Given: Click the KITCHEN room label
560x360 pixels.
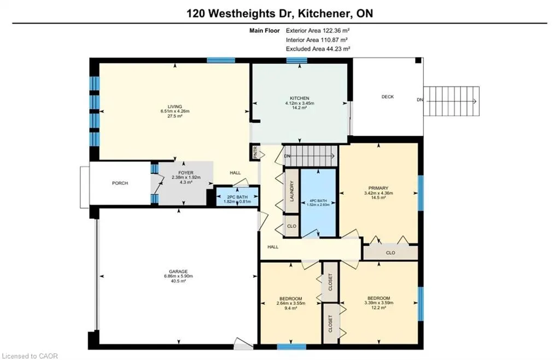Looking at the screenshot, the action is tap(299, 98).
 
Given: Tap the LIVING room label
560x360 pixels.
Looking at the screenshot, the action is tap(175, 107).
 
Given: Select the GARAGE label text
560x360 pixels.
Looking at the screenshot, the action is tap(178, 271).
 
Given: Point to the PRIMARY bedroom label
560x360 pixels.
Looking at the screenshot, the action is tap(378, 188).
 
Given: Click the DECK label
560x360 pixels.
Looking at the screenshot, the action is tap(388, 97).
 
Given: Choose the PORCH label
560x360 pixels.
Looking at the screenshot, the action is tap(120, 183).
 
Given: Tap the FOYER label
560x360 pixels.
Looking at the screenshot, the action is tap(186, 173).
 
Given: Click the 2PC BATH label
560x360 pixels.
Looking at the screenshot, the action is tap(237, 197).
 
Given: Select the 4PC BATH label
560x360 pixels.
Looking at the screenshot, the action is tap(318, 201).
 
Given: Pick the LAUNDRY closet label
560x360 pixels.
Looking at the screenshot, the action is tap(292, 191).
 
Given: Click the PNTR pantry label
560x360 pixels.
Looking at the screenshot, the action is tap(255, 153).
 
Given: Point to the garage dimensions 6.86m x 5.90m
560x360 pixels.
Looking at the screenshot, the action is tap(178, 276).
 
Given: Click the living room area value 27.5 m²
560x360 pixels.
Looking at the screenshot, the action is tap(175, 116).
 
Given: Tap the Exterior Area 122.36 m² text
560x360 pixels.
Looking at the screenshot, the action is tap(318, 31).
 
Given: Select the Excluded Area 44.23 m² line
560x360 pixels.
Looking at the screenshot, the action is tap(318, 49).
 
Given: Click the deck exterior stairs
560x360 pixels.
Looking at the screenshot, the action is tap(451, 101).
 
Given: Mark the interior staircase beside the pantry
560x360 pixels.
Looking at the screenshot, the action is tap(311, 156).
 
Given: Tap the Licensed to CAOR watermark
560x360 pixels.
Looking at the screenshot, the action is tap(30, 356).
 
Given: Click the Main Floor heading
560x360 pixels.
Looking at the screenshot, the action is tap(265, 31).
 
